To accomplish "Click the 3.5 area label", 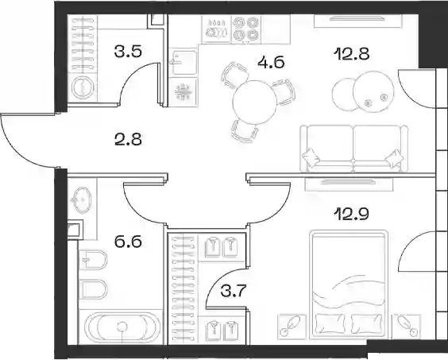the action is [128, 52].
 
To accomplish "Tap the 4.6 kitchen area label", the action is [271, 62].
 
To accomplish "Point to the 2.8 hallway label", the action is [128, 140].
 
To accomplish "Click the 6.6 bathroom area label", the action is [128, 242].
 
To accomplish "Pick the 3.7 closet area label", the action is [234, 292].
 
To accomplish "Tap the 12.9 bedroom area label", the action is [353, 214].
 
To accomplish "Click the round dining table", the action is [255, 102].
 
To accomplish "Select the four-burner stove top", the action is [246, 29].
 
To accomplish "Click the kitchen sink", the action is [183, 62].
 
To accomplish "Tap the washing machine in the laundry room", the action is [82, 87].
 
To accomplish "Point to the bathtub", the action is [122, 327].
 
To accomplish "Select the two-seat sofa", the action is [353, 149].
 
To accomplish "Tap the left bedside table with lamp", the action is [292, 327].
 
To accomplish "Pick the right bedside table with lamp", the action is [406, 326].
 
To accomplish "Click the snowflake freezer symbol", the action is [183, 92].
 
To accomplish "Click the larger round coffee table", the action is [373, 91].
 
